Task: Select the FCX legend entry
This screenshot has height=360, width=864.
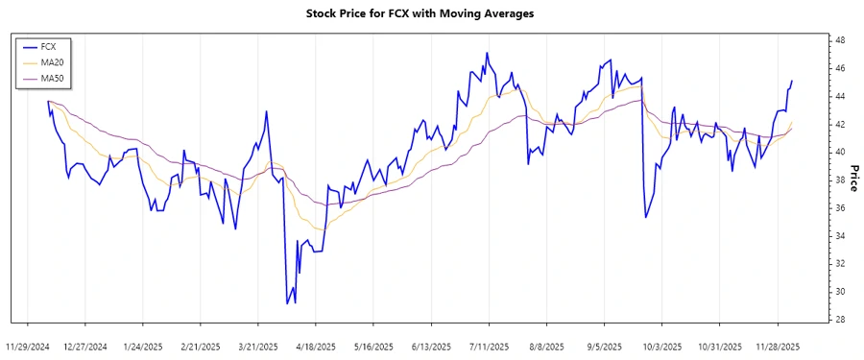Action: pyautogui.click(x=50, y=46)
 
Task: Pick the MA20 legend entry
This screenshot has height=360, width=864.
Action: pyautogui.click(x=52, y=61)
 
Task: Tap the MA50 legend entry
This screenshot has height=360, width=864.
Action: pyautogui.click(x=52, y=78)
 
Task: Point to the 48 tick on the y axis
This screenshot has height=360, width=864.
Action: pyautogui.click(x=839, y=40)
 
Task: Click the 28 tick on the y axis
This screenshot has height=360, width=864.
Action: pyautogui.click(x=839, y=320)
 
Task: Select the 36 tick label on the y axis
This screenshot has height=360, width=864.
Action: pyautogui.click(x=839, y=208)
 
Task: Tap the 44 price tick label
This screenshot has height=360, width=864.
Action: pyautogui.click(x=839, y=96)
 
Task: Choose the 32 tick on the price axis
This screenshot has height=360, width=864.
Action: pyautogui.click(x=839, y=264)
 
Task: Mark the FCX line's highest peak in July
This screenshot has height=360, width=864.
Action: pyautogui.click(x=487, y=53)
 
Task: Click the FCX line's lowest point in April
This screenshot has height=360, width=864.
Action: pyautogui.click(x=287, y=303)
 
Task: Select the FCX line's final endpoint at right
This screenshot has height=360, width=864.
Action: pyautogui.click(x=792, y=81)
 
